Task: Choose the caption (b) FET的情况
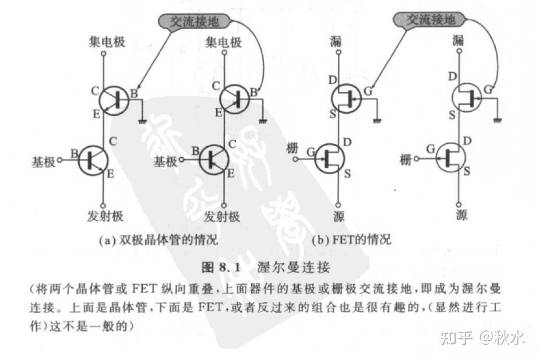click(x=351, y=239)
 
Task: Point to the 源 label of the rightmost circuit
click(x=462, y=216)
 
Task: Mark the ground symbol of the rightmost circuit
click(x=498, y=120)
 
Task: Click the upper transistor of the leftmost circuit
click(x=114, y=100)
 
